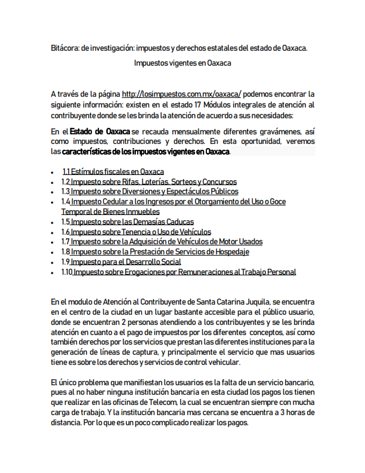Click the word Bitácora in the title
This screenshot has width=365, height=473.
64,48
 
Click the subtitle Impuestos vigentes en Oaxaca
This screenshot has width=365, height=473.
182,63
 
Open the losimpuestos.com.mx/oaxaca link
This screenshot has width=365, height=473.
181,94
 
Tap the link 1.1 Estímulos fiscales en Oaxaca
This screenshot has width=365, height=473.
113,171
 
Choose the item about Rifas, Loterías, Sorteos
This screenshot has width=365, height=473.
149,182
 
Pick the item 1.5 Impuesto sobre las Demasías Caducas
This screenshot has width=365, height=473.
127,222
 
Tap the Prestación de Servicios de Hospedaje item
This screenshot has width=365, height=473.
155,252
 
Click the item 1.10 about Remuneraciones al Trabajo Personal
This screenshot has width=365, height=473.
178,272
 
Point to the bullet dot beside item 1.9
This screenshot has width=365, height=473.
53,262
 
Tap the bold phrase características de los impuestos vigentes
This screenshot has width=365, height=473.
146,152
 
